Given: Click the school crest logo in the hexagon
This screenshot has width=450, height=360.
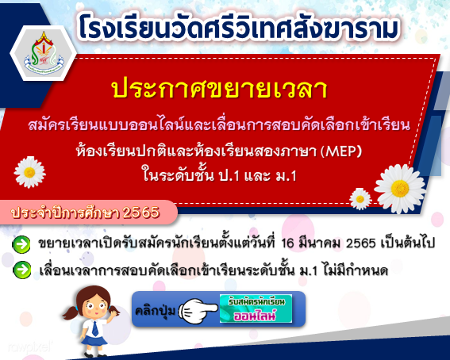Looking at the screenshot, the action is pyautogui.click(x=44, y=53).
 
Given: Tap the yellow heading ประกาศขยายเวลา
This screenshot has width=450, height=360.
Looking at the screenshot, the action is pyautogui.click(x=220, y=88).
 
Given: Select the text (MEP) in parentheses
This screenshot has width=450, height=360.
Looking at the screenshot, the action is pyautogui.click(x=341, y=151).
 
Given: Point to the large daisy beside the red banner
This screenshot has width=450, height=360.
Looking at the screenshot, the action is pyautogui.click(x=400, y=189).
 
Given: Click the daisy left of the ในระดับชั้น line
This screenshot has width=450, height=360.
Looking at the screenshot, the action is pyautogui.click(x=29, y=172).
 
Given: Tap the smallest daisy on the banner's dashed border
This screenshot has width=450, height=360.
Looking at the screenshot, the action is pyautogui.click(x=360, y=198).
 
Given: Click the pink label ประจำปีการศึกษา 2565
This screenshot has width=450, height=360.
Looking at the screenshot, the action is pyautogui.click(x=85, y=213).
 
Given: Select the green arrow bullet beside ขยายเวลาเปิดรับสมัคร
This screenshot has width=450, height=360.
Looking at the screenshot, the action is pyautogui.click(x=21, y=244).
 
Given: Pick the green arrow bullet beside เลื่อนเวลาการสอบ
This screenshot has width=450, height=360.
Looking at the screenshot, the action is pyautogui.click(x=22, y=270).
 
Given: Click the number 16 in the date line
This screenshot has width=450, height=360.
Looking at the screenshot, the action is pyautogui.click(x=287, y=243).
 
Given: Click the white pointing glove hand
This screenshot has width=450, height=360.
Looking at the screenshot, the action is pyautogui.click(x=198, y=311).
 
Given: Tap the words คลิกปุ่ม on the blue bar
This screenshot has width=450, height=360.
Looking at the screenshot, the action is pyautogui.click(x=156, y=311).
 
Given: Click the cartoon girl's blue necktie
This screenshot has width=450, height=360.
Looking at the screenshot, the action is pyautogui.click(x=95, y=329).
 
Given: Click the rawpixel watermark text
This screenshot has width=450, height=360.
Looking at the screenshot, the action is pyautogui.click(x=29, y=347).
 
